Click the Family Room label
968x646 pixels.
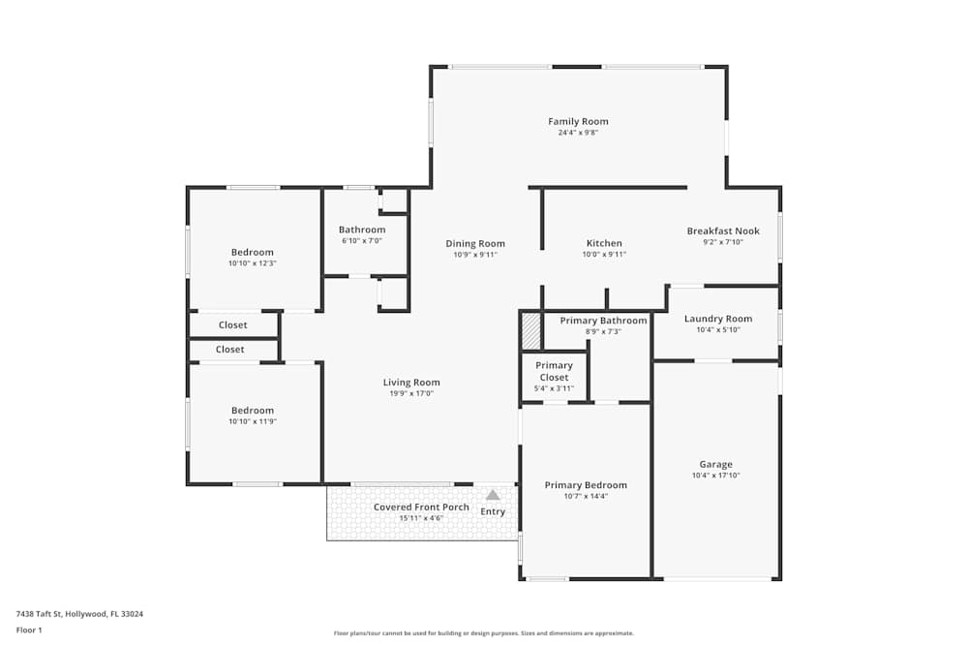578,121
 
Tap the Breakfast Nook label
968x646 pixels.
723,231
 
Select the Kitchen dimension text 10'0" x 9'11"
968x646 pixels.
604,255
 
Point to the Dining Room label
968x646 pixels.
475,243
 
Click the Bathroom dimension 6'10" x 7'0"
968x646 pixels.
361,241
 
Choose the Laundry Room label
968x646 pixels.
717,319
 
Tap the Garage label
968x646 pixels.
715,464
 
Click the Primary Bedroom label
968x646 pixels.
586,485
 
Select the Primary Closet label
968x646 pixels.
554,371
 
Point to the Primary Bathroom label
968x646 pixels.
603,321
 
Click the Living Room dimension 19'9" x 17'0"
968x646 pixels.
411,393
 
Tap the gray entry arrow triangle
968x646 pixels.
493,495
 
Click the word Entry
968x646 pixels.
493,511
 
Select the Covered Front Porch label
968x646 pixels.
421,507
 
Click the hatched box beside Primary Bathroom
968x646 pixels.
530,330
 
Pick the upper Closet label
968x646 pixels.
232,325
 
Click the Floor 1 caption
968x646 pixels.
29,630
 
